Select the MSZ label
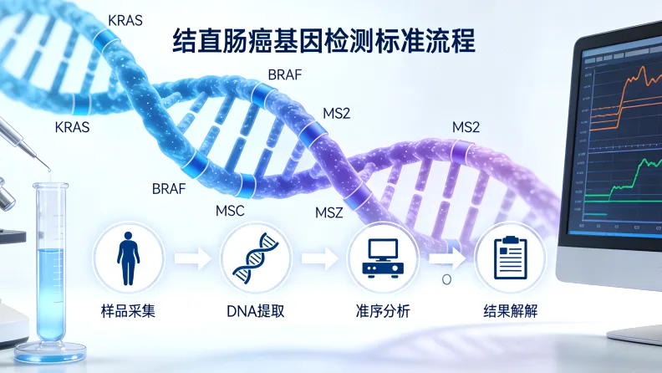(x=329, y=212)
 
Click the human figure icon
(x=127, y=258)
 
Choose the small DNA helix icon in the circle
(x=255, y=258)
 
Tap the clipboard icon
(x=509, y=258)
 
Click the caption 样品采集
(x=127, y=312)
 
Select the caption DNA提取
(x=255, y=312)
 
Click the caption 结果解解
(x=510, y=312)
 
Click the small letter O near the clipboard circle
(x=446, y=279)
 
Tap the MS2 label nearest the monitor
(x=466, y=127)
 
